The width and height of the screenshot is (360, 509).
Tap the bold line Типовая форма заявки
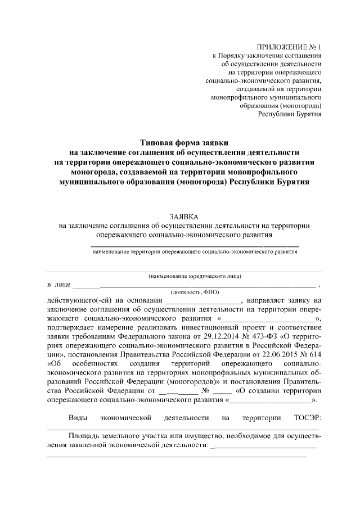click(184, 144)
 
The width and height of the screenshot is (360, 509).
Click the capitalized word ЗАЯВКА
click(184, 217)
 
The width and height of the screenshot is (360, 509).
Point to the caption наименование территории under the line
click(195, 253)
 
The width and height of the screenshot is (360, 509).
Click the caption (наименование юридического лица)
click(195, 276)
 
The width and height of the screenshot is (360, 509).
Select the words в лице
click(57, 285)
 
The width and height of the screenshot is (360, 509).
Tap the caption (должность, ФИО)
click(195, 292)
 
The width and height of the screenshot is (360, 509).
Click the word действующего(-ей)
click(78, 301)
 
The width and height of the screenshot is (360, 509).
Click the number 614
click(313, 353)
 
